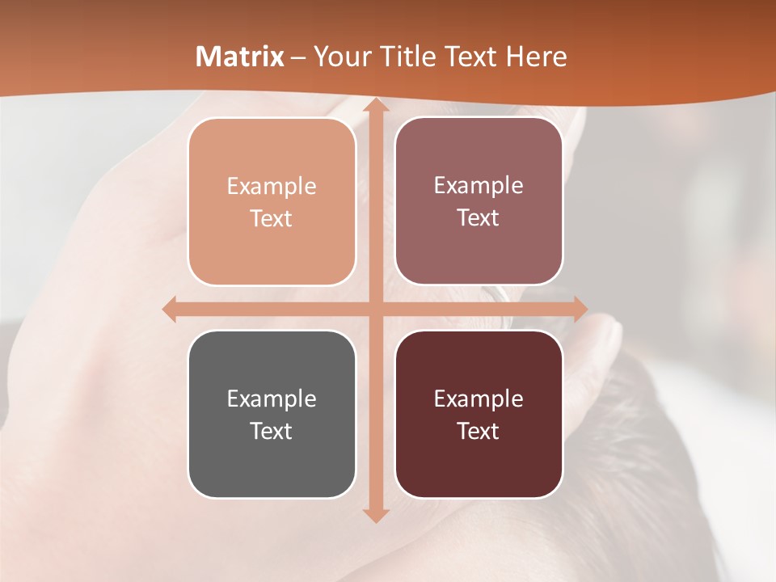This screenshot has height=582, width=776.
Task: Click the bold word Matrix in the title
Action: click(x=240, y=57)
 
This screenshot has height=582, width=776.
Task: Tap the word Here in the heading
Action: click(x=536, y=57)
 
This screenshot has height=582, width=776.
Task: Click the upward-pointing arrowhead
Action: click(x=374, y=106)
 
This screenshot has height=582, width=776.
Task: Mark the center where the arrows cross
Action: click(x=374, y=310)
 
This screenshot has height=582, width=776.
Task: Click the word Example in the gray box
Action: click(x=272, y=399)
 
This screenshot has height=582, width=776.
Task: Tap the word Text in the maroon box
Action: click(x=479, y=431)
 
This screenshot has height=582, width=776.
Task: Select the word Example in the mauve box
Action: click(x=479, y=186)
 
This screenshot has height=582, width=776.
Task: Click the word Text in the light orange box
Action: click(x=272, y=218)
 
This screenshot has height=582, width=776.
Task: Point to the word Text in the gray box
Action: click(x=272, y=431)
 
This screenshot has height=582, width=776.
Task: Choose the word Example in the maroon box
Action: click(x=479, y=399)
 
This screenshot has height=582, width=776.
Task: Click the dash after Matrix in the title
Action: click(x=298, y=57)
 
